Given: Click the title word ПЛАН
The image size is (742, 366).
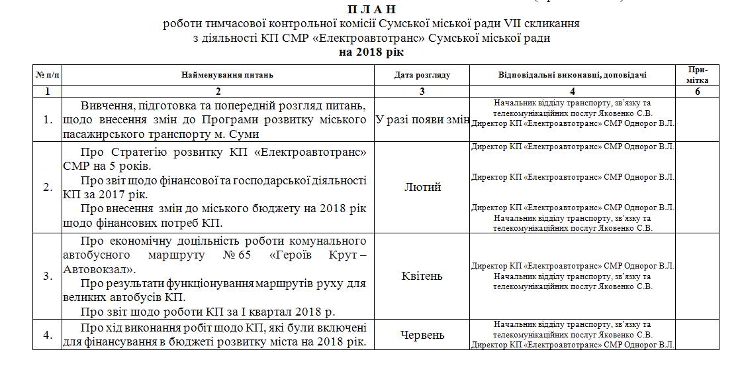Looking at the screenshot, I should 371,9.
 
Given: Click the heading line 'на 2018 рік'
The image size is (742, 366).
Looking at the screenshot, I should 371,51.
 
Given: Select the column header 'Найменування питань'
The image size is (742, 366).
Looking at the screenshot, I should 218,75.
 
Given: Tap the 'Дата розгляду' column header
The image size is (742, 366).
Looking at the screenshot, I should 422,75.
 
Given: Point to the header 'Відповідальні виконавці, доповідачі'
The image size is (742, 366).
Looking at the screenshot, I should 573,75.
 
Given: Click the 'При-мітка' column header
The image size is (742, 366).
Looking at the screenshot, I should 697,75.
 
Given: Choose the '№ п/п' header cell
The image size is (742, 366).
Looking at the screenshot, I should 48,75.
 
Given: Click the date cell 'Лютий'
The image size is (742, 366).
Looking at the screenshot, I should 422,188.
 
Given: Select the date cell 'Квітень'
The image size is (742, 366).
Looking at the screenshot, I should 422,276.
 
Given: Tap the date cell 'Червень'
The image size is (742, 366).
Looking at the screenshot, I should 422,335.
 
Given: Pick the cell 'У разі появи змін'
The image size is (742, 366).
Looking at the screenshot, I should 422,120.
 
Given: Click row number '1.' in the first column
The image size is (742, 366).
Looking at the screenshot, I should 48,120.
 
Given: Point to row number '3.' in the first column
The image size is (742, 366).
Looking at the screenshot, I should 48,276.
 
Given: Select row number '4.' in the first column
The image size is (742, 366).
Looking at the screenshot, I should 48,335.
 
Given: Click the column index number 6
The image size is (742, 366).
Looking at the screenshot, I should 697,92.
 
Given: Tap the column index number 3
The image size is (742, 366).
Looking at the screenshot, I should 422,92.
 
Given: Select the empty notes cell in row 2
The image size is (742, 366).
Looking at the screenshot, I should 697,188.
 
